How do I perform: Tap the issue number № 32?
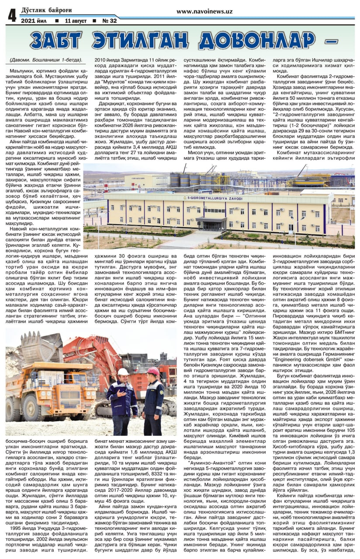click(x=109, y=21)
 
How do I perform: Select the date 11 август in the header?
click(x=76, y=21)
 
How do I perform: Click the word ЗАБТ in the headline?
click(x=60, y=41)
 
